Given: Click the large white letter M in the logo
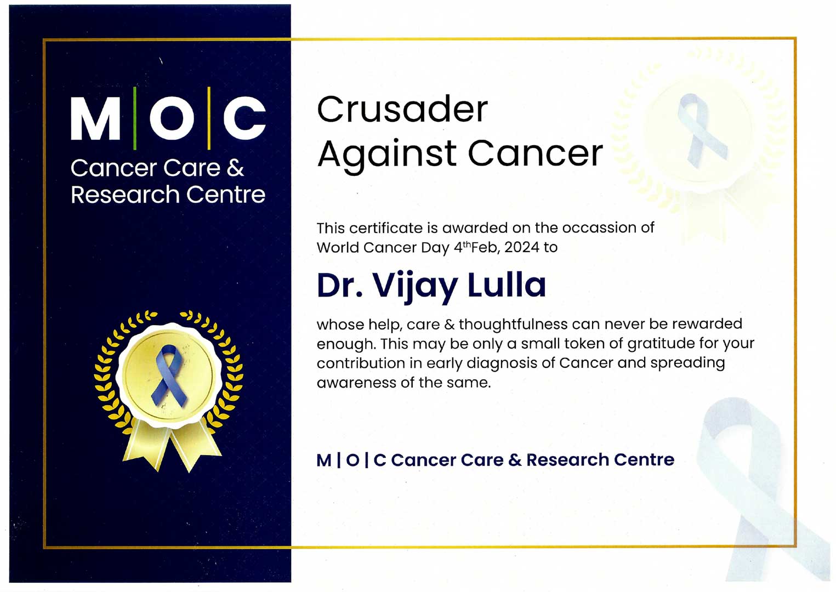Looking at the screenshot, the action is tap(95, 118).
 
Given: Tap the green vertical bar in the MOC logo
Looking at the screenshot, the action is tap(135, 118).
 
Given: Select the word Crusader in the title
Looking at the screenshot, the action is tap(402, 109).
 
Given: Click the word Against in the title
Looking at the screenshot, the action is tap(386, 154).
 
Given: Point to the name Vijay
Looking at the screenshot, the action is tap(415, 286).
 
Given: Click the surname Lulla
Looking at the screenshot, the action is tap(507, 284).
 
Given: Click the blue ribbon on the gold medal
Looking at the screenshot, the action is tap(169, 376).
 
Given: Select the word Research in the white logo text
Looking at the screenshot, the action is tap(126, 195).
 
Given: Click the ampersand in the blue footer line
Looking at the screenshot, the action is tap(515, 460).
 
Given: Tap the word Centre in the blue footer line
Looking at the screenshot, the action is tap(644, 460).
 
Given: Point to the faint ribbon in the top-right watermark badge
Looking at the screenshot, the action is tap(701, 130).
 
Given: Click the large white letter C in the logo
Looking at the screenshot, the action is tap(245, 118).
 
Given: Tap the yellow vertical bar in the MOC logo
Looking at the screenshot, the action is tap(209, 118).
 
